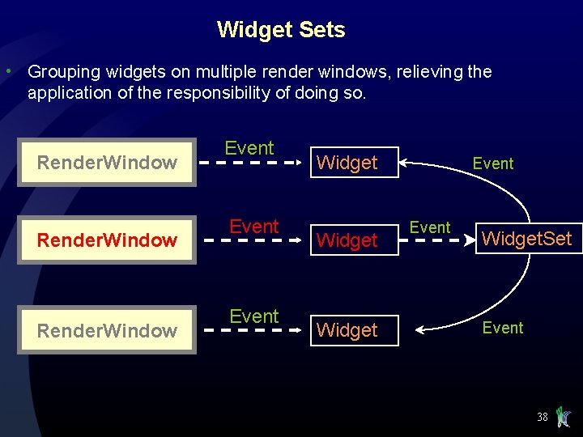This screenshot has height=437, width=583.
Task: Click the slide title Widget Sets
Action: click(281, 30)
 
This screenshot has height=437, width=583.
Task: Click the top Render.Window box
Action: click(107, 163)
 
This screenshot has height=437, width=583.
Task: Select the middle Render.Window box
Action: click(107, 240)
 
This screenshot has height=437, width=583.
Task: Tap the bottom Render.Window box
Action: click(107, 330)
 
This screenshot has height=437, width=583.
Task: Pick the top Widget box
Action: click(347, 163)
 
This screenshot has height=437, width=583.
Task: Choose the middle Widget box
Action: click(347, 240)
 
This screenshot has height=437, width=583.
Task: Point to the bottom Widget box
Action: click(347, 330)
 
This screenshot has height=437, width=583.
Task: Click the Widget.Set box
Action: click(527, 239)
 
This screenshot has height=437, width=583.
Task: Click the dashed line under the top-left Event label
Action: click(251, 163)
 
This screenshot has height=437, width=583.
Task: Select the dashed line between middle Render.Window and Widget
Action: click(251, 240)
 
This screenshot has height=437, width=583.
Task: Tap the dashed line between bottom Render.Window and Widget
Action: click(251, 330)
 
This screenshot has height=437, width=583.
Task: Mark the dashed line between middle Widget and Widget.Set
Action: click(430, 240)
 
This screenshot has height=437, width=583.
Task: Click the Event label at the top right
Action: click(493, 163)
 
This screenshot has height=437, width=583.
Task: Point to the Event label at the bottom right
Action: click(503, 328)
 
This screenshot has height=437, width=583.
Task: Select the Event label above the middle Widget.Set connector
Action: click(430, 227)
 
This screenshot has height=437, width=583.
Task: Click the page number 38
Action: click(542, 418)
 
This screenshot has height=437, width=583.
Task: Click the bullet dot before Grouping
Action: click(7, 72)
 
